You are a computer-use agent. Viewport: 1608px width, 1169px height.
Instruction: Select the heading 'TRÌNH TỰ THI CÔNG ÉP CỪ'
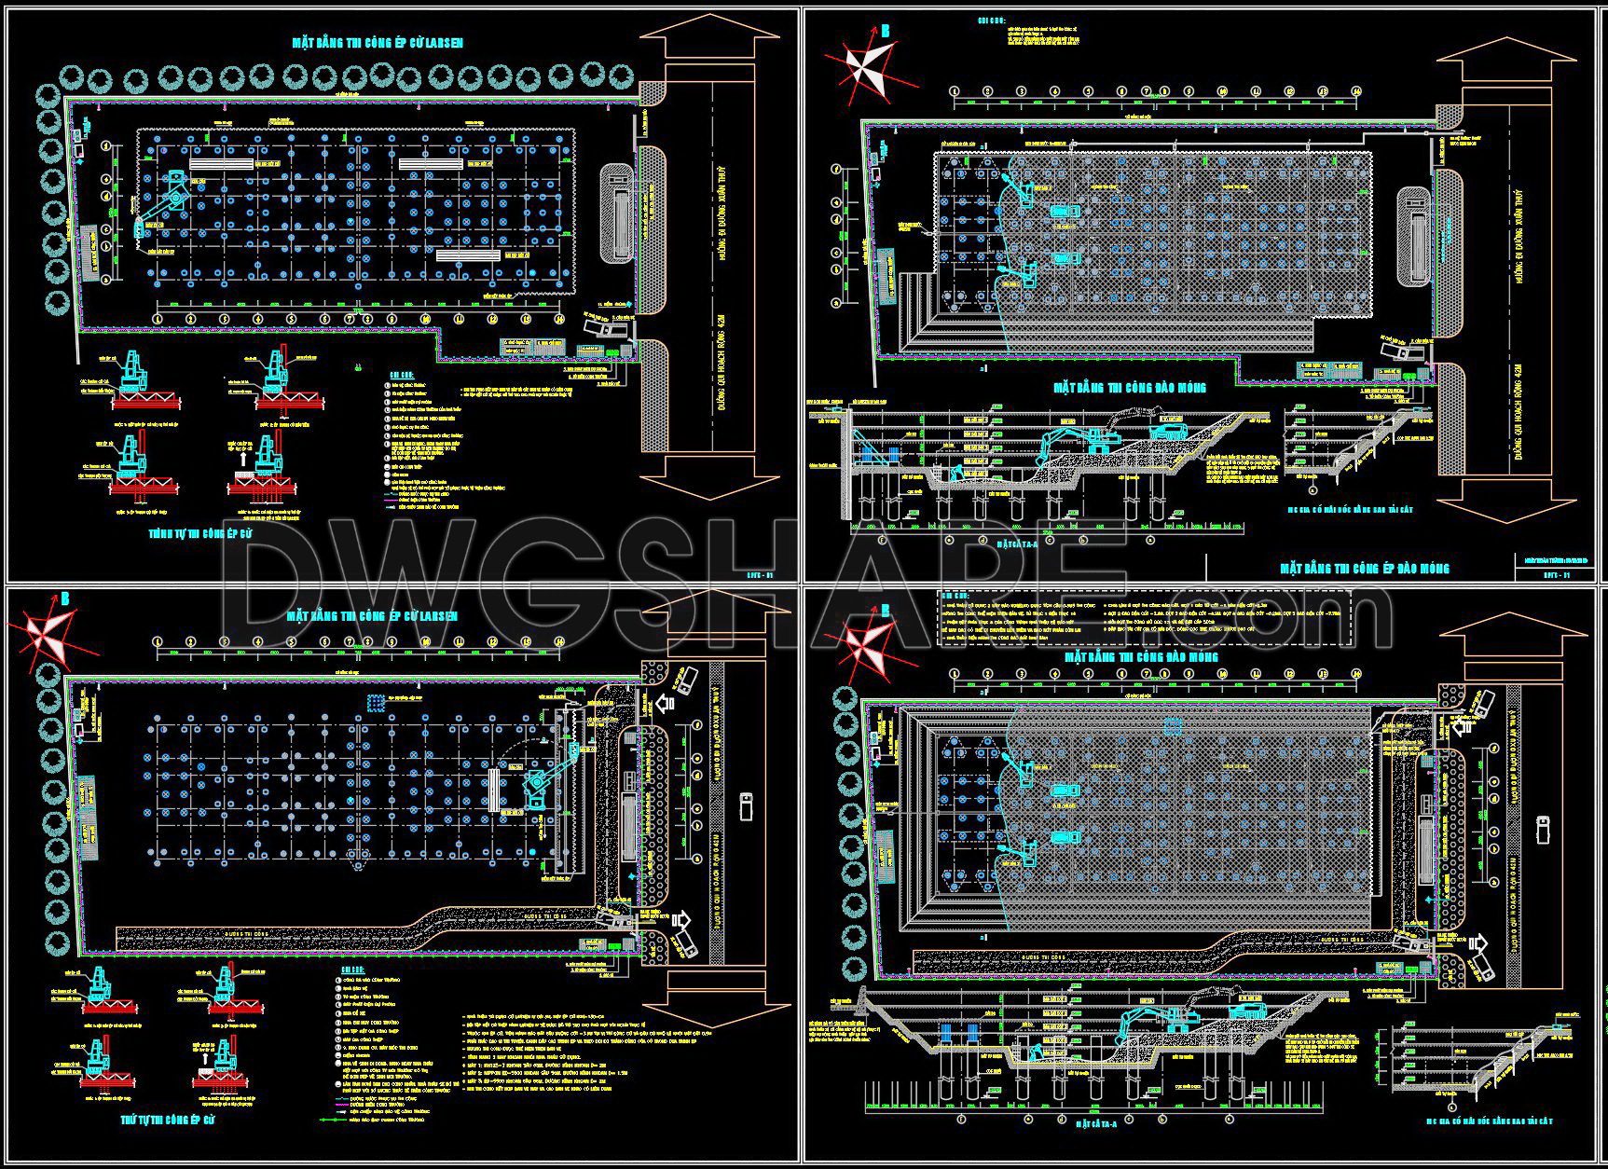(x=200, y=534)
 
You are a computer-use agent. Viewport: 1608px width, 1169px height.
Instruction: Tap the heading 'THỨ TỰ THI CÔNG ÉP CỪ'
(x=169, y=1118)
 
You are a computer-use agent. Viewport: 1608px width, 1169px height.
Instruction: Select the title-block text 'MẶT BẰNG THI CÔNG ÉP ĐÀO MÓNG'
(x=1364, y=568)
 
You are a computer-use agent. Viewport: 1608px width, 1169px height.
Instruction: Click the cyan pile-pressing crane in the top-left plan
(x=168, y=200)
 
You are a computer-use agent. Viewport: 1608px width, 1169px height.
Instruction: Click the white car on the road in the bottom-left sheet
(x=745, y=805)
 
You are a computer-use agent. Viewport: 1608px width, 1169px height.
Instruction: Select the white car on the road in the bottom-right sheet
(x=1544, y=828)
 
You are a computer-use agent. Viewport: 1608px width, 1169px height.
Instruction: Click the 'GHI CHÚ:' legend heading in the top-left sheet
(x=401, y=375)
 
